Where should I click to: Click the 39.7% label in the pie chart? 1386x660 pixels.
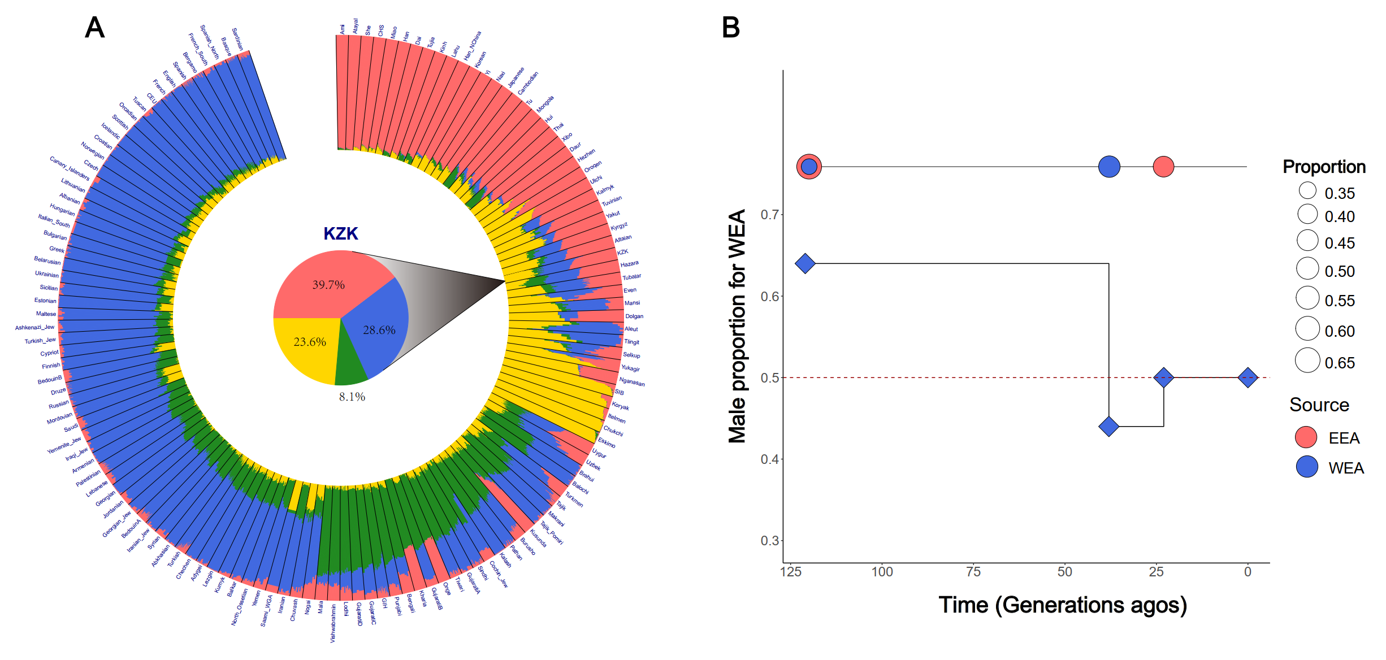(x=328, y=285)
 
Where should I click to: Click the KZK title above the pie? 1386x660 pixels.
(x=340, y=233)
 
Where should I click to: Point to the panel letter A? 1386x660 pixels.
(x=94, y=27)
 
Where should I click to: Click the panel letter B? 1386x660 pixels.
(x=730, y=27)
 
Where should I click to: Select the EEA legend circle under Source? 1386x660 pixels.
(x=1306, y=437)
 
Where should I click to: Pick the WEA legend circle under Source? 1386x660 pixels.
(x=1306, y=467)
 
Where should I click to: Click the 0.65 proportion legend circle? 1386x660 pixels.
(x=1307, y=361)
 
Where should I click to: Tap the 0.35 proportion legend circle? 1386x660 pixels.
(x=1307, y=190)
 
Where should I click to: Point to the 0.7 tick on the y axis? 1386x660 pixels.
(x=769, y=215)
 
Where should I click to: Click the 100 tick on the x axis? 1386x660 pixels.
(x=882, y=572)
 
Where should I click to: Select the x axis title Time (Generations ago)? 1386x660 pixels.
(x=1063, y=605)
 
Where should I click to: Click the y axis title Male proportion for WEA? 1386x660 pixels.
(x=737, y=327)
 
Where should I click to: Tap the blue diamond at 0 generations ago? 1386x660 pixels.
(x=1248, y=377)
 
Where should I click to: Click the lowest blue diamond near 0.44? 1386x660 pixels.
(x=1109, y=427)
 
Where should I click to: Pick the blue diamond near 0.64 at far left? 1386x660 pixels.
(x=805, y=263)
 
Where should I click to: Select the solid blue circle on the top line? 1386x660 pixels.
(x=1109, y=167)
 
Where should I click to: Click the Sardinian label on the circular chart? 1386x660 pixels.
(x=237, y=38)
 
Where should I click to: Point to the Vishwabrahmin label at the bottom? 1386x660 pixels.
(x=333, y=623)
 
